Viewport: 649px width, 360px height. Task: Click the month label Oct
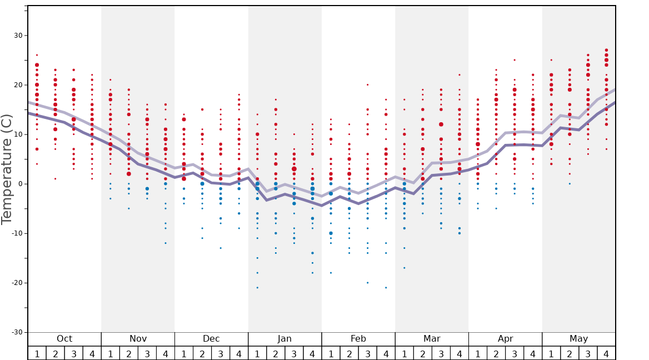pos(64,339)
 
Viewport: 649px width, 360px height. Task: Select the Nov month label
pos(138,339)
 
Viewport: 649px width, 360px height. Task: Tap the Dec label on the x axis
pos(211,339)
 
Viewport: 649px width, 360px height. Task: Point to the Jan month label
pos(284,339)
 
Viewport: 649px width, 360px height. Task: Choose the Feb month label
pos(358,339)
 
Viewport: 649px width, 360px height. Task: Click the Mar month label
pos(432,339)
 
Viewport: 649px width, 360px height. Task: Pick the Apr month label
pos(505,339)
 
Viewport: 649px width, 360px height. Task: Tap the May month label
pos(578,339)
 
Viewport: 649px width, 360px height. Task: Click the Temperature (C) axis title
pos(7,169)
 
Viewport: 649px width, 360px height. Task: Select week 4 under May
pos(606,353)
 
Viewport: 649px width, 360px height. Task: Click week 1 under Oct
pos(37,353)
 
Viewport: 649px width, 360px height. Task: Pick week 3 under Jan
pos(294,353)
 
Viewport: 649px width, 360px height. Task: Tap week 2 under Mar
pos(422,353)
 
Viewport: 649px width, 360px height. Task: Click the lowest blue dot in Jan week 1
pos(257,287)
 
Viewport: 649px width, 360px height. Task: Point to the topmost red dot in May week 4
pos(606,50)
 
